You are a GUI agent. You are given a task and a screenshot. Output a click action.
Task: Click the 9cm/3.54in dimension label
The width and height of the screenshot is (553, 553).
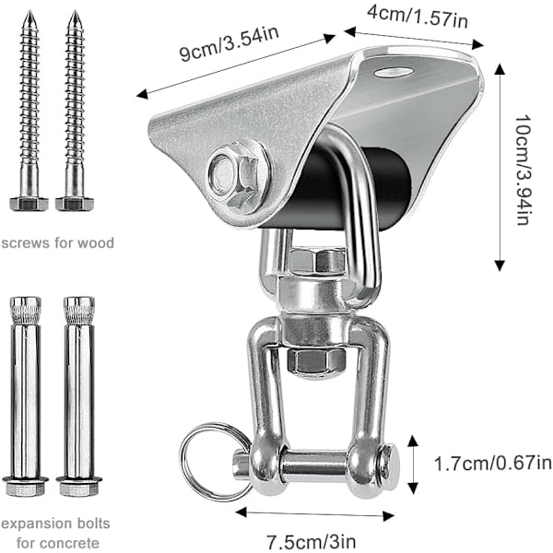coord(229,43)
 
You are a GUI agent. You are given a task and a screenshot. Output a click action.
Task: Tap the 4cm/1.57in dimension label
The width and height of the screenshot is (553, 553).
coord(418,16)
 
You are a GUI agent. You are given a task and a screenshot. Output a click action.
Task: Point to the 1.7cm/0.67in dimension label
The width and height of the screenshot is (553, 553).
coord(493,463)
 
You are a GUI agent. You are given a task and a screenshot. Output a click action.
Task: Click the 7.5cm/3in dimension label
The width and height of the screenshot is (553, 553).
coord(311,541)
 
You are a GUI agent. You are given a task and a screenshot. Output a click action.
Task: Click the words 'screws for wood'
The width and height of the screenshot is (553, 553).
coord(58,243)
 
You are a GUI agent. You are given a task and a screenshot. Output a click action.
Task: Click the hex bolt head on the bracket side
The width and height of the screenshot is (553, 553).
coord(240,176)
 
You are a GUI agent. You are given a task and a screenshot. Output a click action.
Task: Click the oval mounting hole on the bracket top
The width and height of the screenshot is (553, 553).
coord(394,72)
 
